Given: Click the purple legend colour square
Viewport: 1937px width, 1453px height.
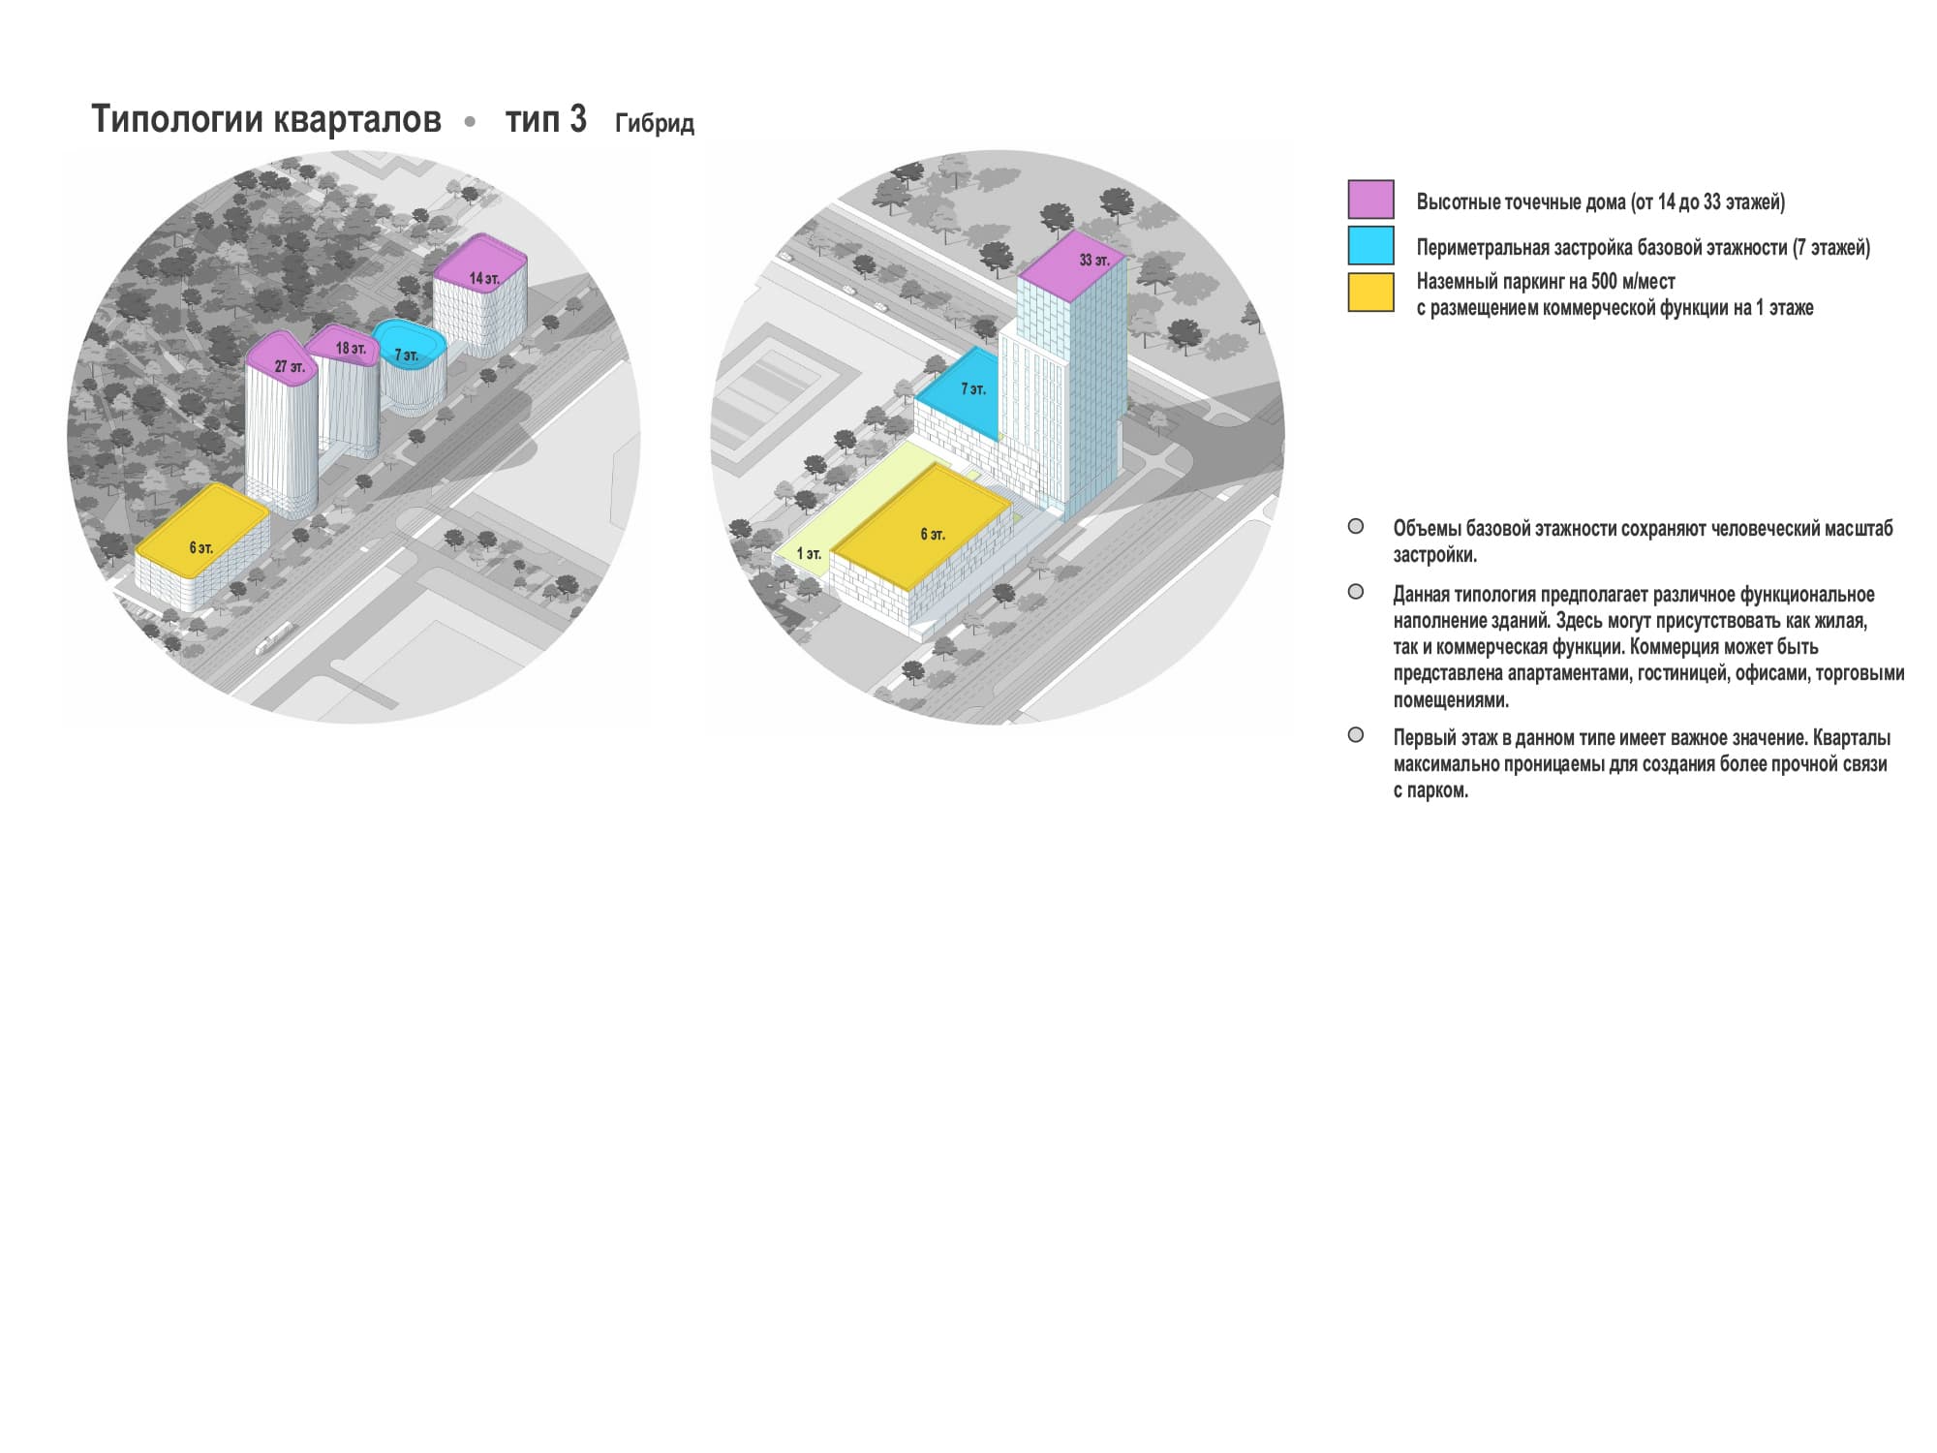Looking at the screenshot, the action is coord(1370,200).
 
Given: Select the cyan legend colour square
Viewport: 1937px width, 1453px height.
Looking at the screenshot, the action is coord(1370,246).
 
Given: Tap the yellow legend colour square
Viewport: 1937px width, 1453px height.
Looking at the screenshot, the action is coord(1370,293).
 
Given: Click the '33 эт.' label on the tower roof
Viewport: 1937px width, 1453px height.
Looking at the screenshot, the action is coord(1094,261).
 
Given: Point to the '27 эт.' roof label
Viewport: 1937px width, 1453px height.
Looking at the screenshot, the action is coord(290,367).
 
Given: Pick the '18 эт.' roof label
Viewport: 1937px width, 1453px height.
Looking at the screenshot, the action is coord(351,348).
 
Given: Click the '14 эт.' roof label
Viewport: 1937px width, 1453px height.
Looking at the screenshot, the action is coord(484,279).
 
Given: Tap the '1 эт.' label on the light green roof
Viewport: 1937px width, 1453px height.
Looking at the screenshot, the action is coord(809,554).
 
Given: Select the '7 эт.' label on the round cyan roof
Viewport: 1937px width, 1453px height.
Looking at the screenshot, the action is coord(407,356).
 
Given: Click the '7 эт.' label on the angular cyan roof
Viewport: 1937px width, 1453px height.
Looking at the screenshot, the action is coord(973,389).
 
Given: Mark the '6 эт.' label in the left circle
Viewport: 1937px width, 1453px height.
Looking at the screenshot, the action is coord(200,548).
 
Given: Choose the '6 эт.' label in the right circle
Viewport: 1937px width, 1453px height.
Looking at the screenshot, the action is coord(933,535).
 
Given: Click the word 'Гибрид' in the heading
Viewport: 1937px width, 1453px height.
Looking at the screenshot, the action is coord(655,124).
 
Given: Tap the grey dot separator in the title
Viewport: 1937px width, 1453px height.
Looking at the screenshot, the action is coord(471,122).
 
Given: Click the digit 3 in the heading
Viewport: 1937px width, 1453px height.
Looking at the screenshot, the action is coord(577,119).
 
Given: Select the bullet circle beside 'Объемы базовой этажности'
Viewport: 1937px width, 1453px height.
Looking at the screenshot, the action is coord(1356,527).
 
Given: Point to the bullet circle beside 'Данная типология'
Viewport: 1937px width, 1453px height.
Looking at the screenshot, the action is coord(1356,592).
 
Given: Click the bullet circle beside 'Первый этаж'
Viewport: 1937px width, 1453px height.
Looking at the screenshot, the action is coord(1356,735).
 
